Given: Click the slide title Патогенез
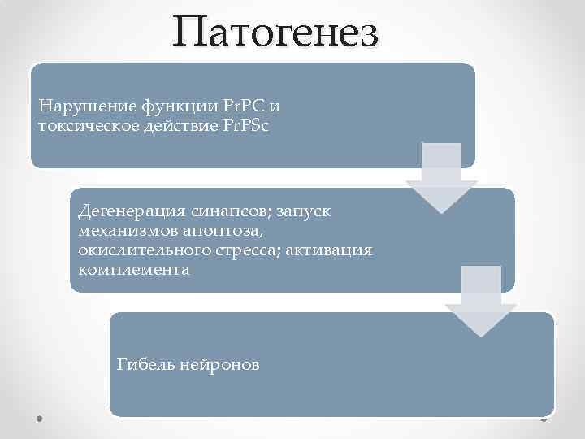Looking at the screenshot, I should [275, 33].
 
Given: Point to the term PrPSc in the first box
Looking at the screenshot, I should [254, 125].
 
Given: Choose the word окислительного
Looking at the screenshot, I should [135, 250].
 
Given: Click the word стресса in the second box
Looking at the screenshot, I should [237, 250].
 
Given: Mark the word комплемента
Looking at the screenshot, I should [133, 269].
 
